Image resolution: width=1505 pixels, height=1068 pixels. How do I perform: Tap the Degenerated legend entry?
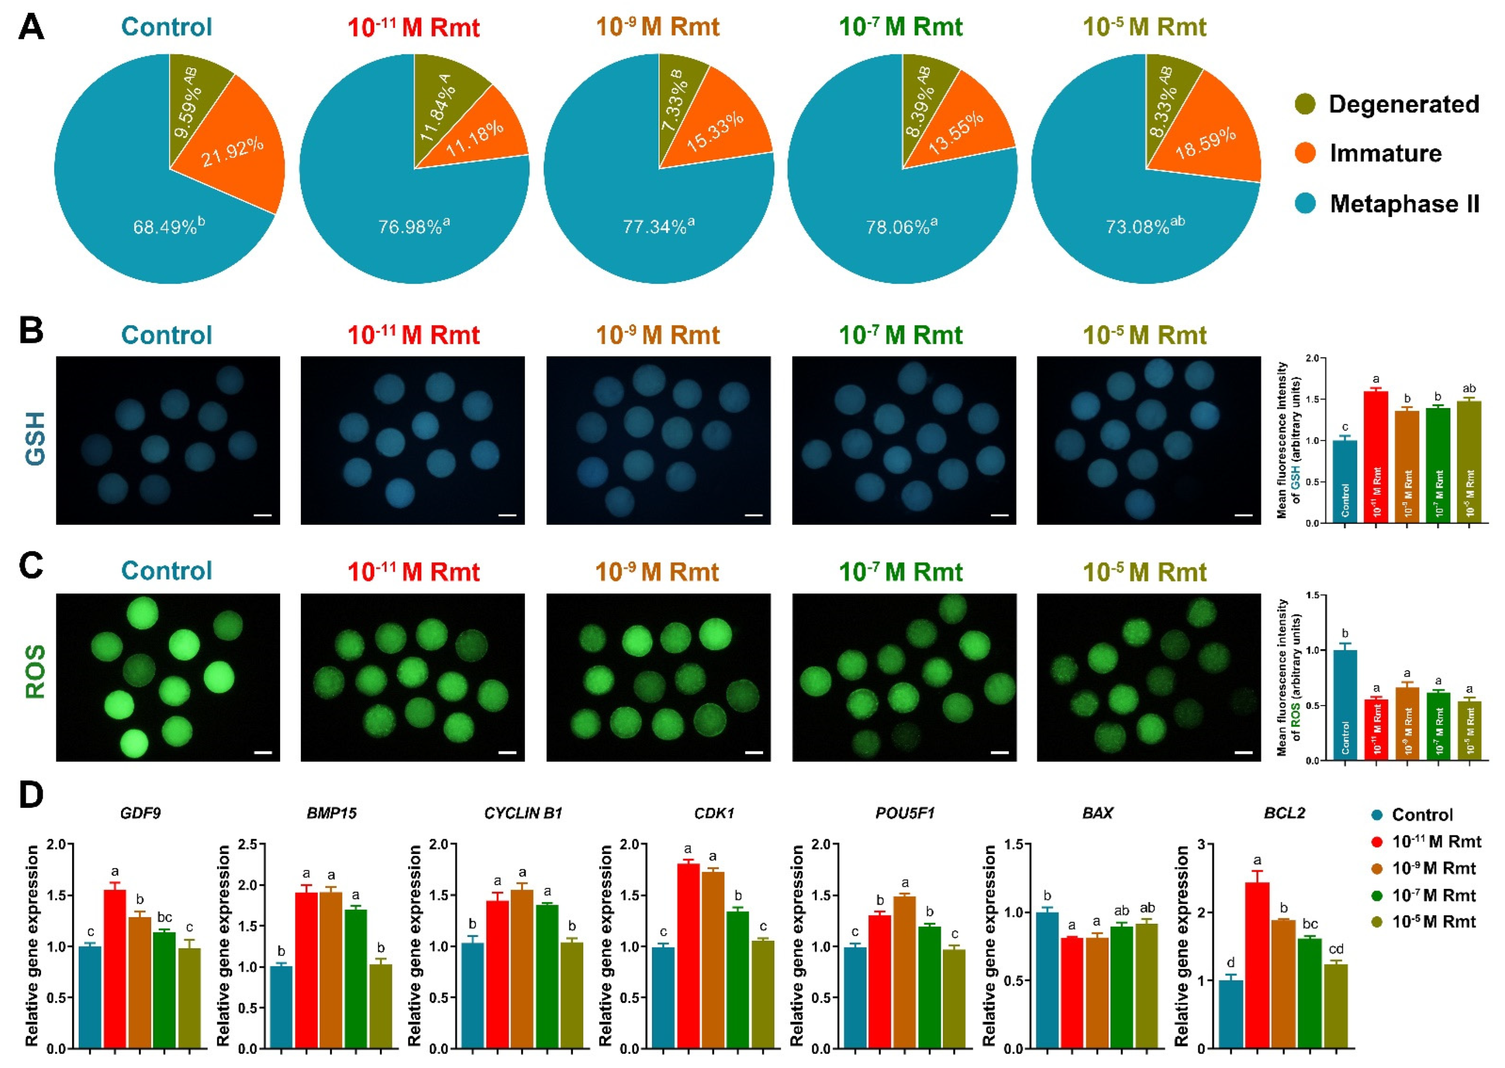tap(1403, 104)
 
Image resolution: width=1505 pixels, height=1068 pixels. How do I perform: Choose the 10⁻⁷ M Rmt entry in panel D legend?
tap(1433, 895)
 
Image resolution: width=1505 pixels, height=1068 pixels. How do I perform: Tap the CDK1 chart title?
tap(714, 813)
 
